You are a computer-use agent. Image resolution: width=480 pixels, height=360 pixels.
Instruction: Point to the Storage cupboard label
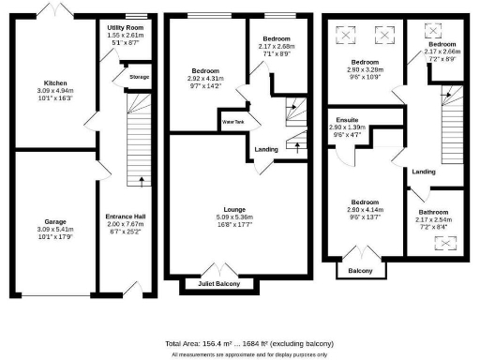click(x=140, y=77)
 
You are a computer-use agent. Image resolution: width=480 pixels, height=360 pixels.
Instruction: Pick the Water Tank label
click(x=232, y=122)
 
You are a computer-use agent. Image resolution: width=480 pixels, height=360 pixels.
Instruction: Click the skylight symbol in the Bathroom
click(x=440, y=242)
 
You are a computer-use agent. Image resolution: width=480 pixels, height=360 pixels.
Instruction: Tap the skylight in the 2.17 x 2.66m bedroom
click(x=433, y=29)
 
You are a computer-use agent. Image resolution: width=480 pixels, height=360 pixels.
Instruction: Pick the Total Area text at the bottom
click(x=249, y=343)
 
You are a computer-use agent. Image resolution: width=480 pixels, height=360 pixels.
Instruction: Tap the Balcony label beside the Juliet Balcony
click(x=360, y=272)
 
